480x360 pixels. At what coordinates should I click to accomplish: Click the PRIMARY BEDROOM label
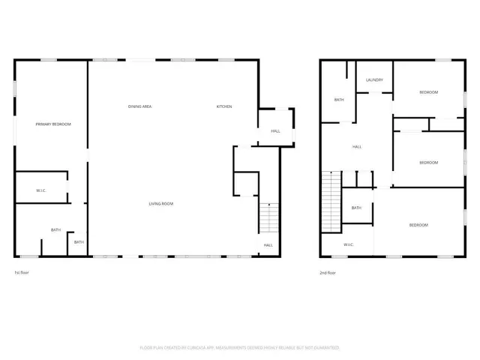(53, 124)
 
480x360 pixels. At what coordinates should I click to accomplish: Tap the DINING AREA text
(139, 106)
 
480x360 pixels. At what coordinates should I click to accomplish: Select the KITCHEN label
(224, 106)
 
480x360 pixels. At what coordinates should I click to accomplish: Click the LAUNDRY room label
(374, 80)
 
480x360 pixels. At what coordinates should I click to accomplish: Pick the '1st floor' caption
(22, 273)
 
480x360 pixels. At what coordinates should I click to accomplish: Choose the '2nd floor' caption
(328, 273)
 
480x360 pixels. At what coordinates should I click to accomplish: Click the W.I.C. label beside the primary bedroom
(41, 190)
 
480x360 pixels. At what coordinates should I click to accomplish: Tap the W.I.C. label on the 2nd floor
(349, 244)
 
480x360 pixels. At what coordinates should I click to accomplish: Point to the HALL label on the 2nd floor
(357, 147)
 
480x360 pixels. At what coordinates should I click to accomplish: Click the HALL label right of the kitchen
(275, 131)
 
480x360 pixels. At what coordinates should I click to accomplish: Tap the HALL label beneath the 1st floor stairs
(268, 245)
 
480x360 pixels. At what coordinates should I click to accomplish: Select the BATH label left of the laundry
(339, 100)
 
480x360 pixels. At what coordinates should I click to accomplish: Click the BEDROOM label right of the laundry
(428, 92)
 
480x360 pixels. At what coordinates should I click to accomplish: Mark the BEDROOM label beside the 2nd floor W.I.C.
(418, 226)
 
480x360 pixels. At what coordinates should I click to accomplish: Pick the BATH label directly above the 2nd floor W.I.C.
(356, 208)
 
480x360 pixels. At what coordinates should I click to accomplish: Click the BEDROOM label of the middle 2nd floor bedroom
(428, 163)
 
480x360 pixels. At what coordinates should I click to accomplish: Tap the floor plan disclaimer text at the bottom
(240, 348)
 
